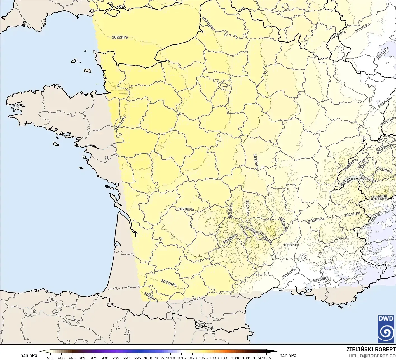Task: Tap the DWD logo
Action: pos(386,328)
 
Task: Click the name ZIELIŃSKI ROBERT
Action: pos(371,349)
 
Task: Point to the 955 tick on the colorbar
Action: pos(50,358)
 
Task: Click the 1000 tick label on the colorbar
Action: pos(149,358)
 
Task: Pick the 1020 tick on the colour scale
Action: pos(192,358)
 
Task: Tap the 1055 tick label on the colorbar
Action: pos(267,358)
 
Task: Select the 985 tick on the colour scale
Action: pos(116,358)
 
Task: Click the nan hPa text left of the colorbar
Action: pos(29,355)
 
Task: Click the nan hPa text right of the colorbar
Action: pos(288,355)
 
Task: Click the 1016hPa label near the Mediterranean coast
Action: pos(288,274)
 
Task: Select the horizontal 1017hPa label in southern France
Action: pos(291,245)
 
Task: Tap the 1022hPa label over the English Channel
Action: pos(120,37)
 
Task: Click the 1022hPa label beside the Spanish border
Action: pos(151,297)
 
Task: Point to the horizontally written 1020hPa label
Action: pos(186,209)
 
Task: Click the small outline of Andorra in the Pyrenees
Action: pos(200,325)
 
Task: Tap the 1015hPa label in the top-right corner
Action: pos(382,53)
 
